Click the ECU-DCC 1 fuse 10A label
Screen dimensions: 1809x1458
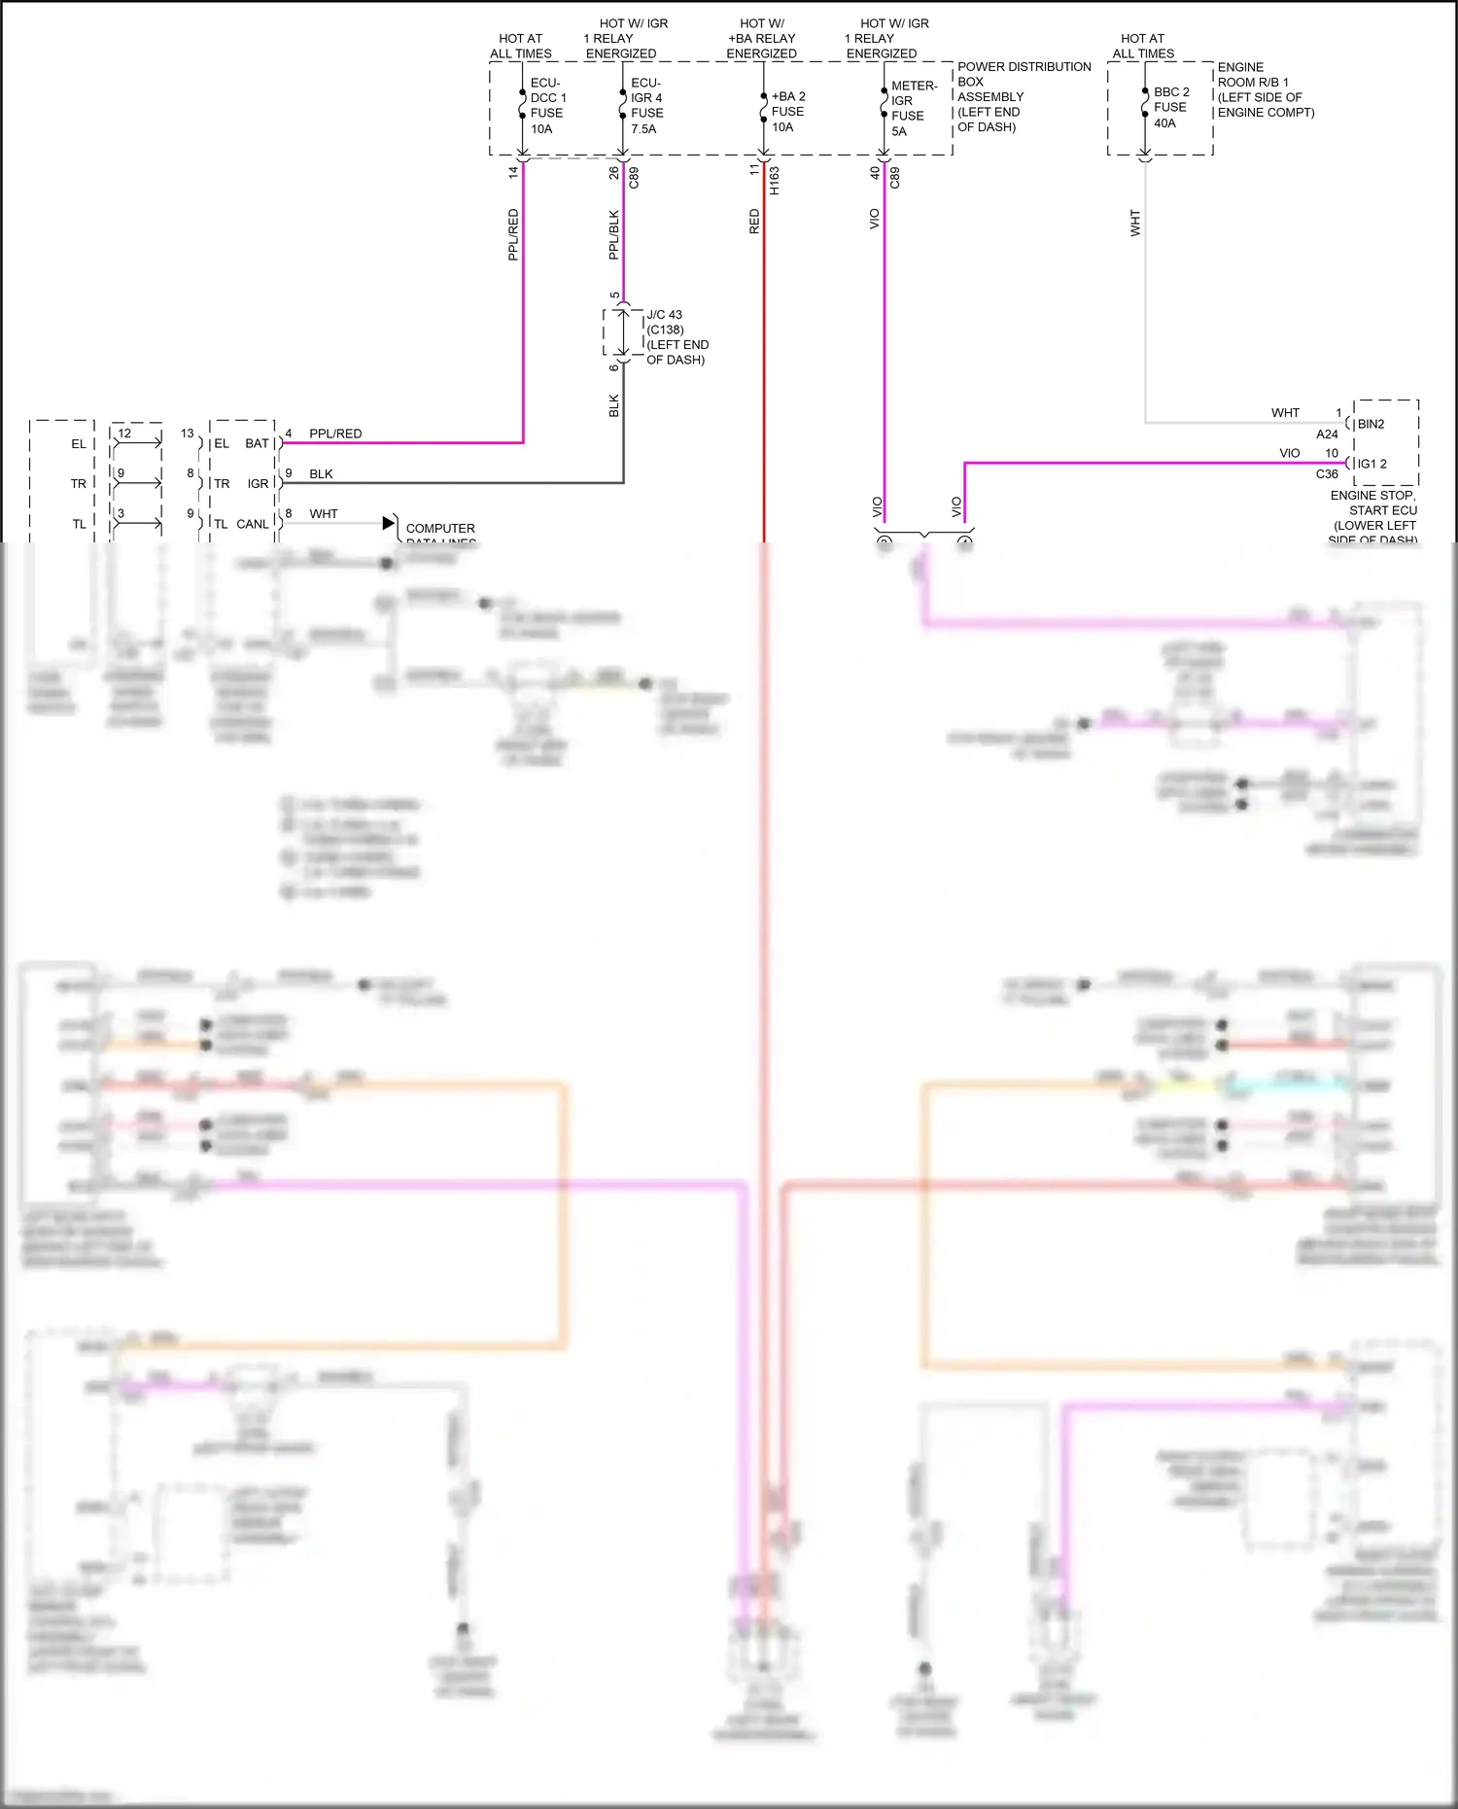tap(547, 106)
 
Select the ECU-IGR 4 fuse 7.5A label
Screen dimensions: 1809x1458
tap(646, 106)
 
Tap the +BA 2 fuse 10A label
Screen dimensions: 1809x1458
tap(787, 112)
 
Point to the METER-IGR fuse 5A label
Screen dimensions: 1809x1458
tap(913, 108)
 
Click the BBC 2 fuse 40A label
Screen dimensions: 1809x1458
tap(1170, 107)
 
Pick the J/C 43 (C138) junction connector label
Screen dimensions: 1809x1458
tap(677, 337)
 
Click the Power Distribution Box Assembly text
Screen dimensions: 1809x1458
tap(1023, 96)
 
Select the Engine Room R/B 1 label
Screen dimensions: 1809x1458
tap(1265, 89)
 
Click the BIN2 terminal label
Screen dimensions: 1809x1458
tap(1371, 424)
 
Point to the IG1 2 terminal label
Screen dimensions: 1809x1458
tap(1371, 464)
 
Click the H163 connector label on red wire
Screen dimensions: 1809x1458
tap(775, 181)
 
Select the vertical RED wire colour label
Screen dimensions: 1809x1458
tap(754, 222)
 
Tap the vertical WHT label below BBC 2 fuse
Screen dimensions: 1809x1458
tap(1135, 224)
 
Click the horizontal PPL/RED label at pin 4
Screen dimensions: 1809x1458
tap(335, 434)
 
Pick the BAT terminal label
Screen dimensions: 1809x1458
tap(257, 443)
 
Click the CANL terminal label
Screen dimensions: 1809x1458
tap(253, 524)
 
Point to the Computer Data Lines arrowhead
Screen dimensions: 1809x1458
tap(390, 523)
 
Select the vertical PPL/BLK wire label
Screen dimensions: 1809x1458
tap(613, 235)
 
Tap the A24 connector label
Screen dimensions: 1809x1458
tap(1327, 435)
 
